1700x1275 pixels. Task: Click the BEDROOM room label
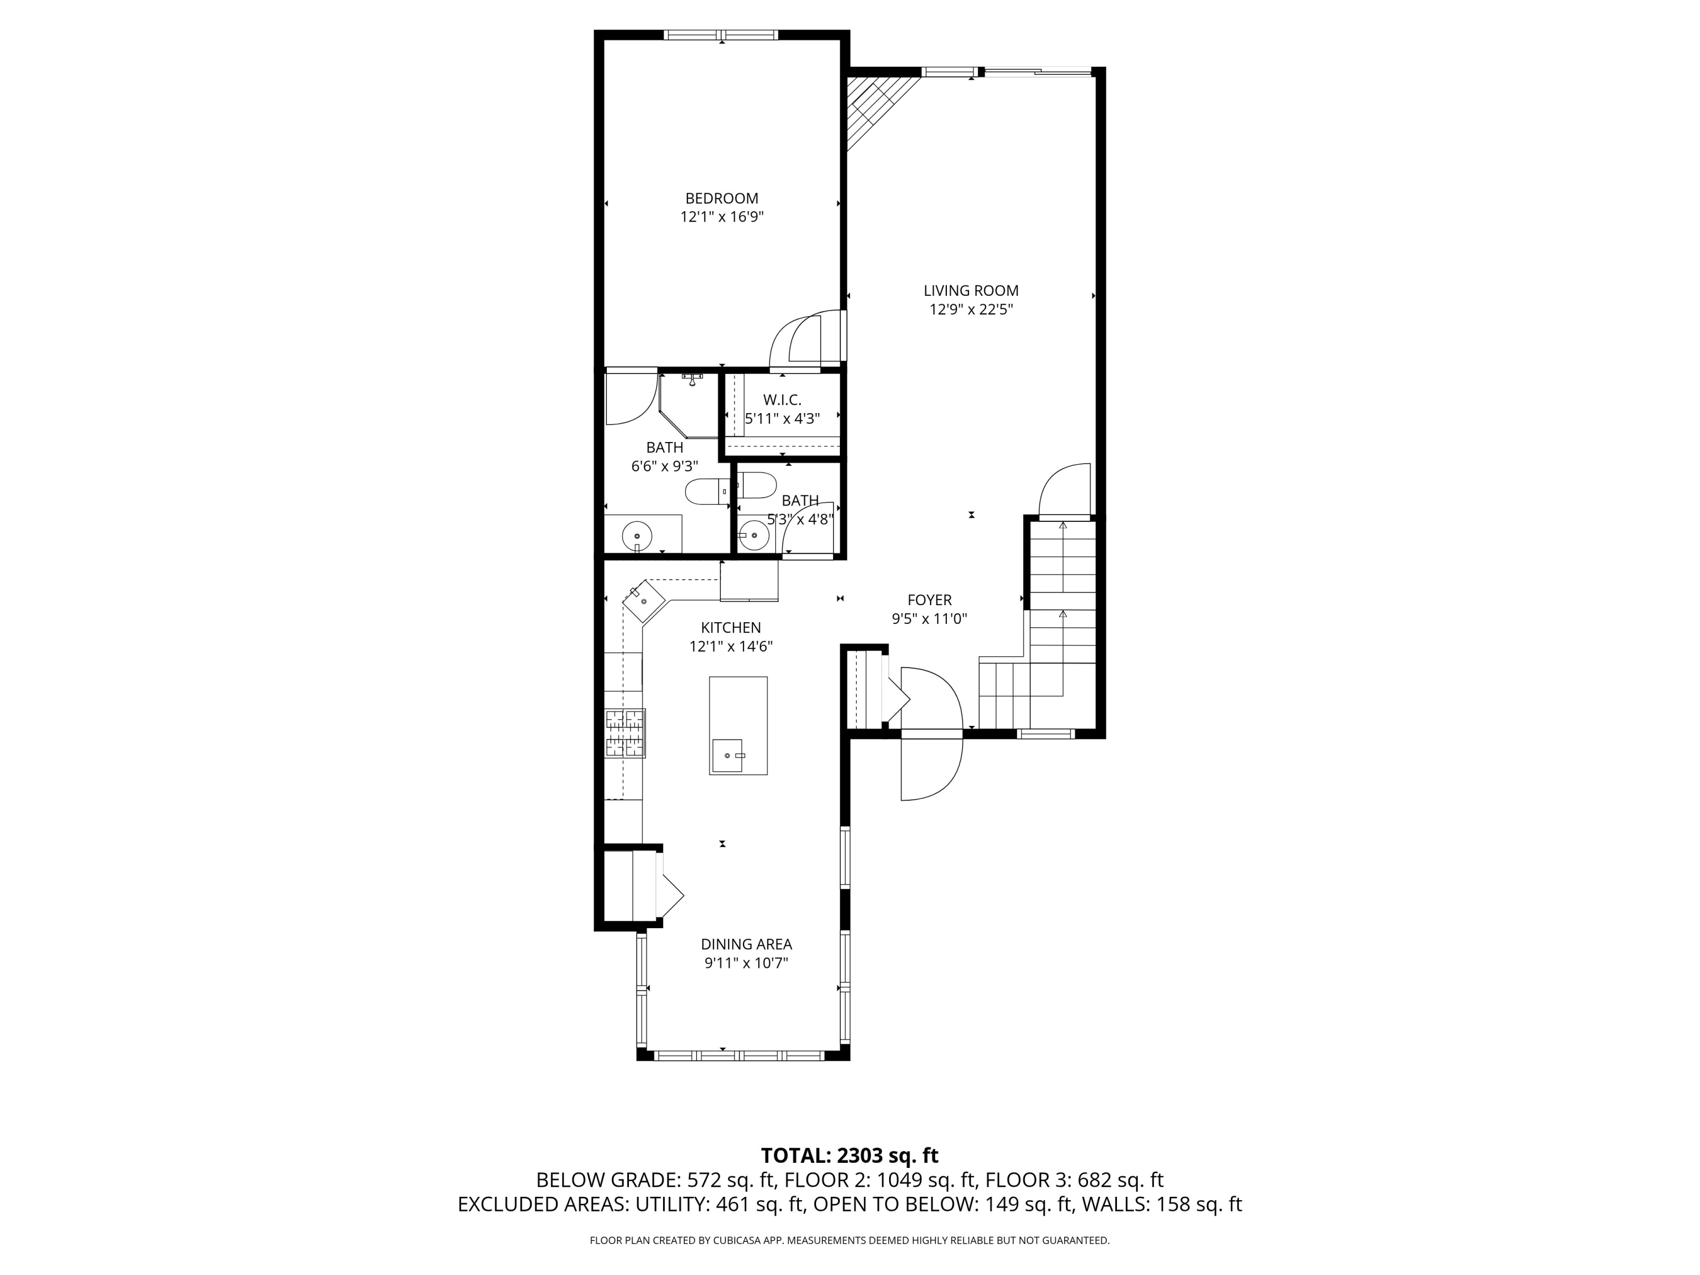[722, 198]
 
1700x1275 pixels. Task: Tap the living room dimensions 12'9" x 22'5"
[971, 310]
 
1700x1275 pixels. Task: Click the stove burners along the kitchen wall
[625, 733]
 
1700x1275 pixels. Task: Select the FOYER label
[929, 600]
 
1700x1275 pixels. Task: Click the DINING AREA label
[746, 945]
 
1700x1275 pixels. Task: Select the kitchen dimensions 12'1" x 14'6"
[730, 647]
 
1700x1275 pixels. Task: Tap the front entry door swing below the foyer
[932, 768]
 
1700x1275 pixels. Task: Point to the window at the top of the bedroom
[721, 35]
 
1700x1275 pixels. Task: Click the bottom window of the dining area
[742, 1055]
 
